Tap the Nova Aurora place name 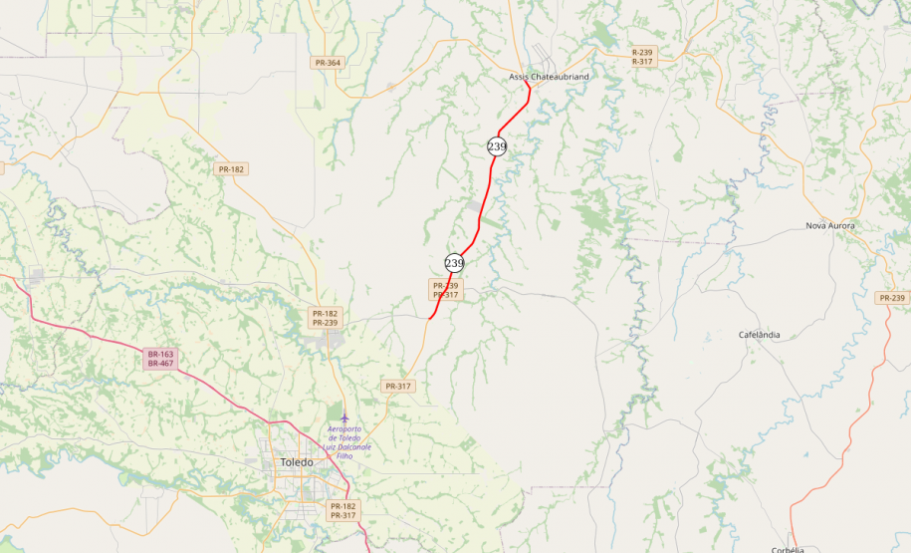tap(829, 226)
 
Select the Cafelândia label tap(759, 335)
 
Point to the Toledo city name tap(296, 463)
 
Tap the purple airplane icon tap(344, 415)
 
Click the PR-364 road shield tap(328, 63)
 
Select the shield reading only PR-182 tap(231, 169)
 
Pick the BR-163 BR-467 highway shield tap(160, 359)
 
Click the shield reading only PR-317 tap(397, 386)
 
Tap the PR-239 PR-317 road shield tap(445, 290)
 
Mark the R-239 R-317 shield tap(642, 57)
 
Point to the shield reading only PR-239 tap(893, 298)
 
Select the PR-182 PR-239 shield tap(326, 318)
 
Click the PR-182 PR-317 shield tap(343, 511)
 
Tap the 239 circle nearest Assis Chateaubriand tap(497, 146)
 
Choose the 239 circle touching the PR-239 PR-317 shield tap(454, 263)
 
